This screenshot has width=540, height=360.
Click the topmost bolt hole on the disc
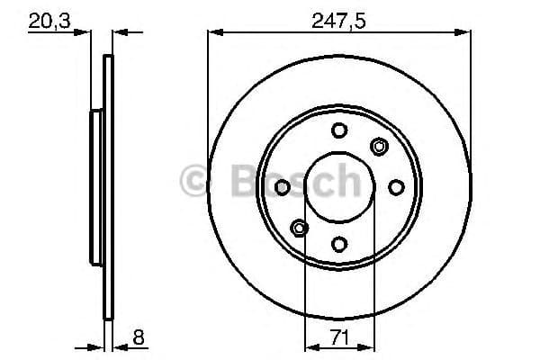coord(339,130)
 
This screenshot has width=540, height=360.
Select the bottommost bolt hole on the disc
coord(339,243)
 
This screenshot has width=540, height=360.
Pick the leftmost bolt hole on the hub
coord(283,186)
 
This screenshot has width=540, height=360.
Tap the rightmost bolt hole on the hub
coord(396,186)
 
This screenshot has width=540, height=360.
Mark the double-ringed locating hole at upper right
coord(379,147)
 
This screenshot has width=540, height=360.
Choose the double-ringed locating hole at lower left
coord(299,227)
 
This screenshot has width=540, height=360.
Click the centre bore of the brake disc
coord(339,186)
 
